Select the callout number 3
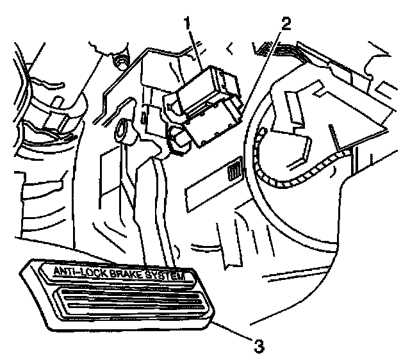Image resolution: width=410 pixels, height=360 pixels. pyautogui.click(x=258, y=347)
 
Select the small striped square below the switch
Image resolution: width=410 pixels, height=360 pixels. pyautogui.click(x=234, y=172)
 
